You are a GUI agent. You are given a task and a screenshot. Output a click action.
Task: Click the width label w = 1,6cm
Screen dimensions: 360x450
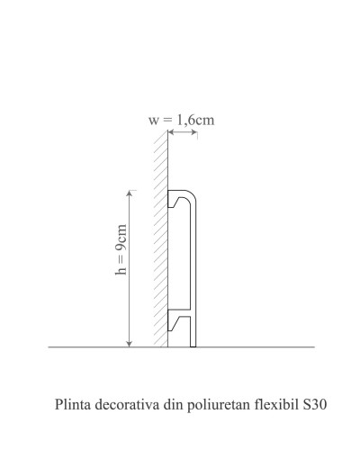[182, 121]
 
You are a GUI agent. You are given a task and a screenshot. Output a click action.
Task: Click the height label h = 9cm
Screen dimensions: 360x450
[121, 249]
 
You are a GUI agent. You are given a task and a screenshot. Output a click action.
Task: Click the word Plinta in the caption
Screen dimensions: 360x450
[73, 404]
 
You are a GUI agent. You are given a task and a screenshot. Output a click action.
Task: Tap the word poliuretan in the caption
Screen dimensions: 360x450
[219, 405]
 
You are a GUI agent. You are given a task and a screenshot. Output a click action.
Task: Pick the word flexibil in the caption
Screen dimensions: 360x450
[276, 404]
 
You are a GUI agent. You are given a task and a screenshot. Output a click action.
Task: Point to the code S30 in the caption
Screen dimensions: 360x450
[315, 404]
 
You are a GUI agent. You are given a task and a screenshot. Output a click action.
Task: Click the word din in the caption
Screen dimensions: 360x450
[173, 404]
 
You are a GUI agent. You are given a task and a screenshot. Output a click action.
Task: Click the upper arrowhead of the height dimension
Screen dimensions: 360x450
[130, 193]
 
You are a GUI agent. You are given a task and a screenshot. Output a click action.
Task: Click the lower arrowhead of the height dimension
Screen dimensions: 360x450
[130, 344]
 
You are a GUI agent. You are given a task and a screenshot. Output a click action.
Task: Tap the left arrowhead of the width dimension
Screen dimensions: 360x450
[171, 131]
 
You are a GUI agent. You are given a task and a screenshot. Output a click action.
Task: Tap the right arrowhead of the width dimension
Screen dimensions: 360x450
[194, 131]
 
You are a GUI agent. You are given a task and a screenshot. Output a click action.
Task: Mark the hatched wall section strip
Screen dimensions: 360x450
[161, 239]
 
